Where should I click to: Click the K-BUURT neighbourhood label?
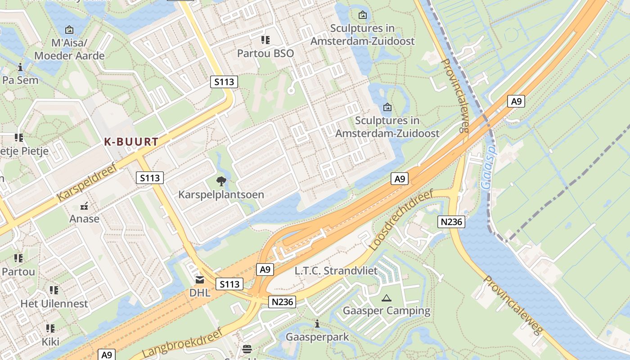[131, 142]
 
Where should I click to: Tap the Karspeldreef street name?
[87, 182]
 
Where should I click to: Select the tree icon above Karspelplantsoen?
[221, 181]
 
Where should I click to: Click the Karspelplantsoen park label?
[221, 195]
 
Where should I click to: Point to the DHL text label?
[200, 292]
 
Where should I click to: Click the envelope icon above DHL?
[199, 280]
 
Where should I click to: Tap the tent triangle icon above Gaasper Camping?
[386, 298]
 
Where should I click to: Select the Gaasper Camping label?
[387, 310]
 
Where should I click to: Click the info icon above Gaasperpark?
[317, 324]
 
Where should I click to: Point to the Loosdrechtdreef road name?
[400, 220]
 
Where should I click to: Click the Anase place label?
[84, 219]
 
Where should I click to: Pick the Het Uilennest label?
[54, 303]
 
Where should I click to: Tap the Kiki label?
[50, 342]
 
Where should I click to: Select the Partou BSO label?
[265, 53]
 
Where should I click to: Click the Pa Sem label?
[20, 80]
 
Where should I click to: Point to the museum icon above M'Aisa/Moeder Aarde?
[69, 30]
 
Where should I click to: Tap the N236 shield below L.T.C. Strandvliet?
[283, 302]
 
